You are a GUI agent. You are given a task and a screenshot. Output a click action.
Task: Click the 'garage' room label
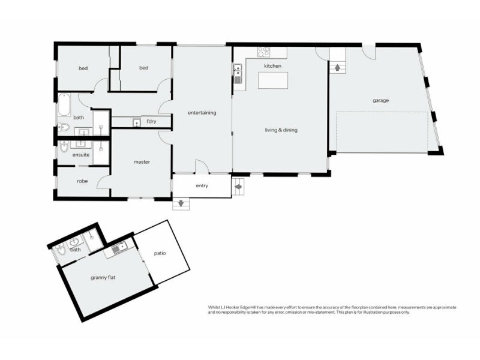coord(380,100)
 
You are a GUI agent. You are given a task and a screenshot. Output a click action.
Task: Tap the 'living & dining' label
coord(281,130)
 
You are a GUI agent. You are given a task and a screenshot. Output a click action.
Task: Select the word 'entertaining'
coord(202,113)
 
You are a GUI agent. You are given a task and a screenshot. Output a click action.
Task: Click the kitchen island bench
coord(273,80)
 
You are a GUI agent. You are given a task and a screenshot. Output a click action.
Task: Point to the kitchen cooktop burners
coord(263,52)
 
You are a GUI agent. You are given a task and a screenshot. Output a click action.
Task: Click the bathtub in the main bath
coord(64,104)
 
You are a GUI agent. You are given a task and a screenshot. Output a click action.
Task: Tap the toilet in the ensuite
coord(64,146)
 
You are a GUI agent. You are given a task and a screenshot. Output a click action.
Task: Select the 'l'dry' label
coord(151,122)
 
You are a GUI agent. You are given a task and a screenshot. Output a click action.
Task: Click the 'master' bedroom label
coord(142,162)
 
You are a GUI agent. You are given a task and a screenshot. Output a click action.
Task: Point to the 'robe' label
coord(82,181)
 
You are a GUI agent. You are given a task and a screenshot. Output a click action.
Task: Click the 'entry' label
coord(202,186)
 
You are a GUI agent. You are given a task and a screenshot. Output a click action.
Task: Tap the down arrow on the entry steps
coord(181,203)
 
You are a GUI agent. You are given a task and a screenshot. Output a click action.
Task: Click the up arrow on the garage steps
coord(337,67)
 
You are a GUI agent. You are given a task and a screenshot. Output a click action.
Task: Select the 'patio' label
coord(160,253)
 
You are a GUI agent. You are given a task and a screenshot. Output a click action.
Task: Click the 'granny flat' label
coord(103,278)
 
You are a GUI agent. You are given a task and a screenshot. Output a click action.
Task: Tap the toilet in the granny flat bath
coord(61,250)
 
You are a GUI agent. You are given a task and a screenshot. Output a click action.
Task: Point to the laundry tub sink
coord(137,123)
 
